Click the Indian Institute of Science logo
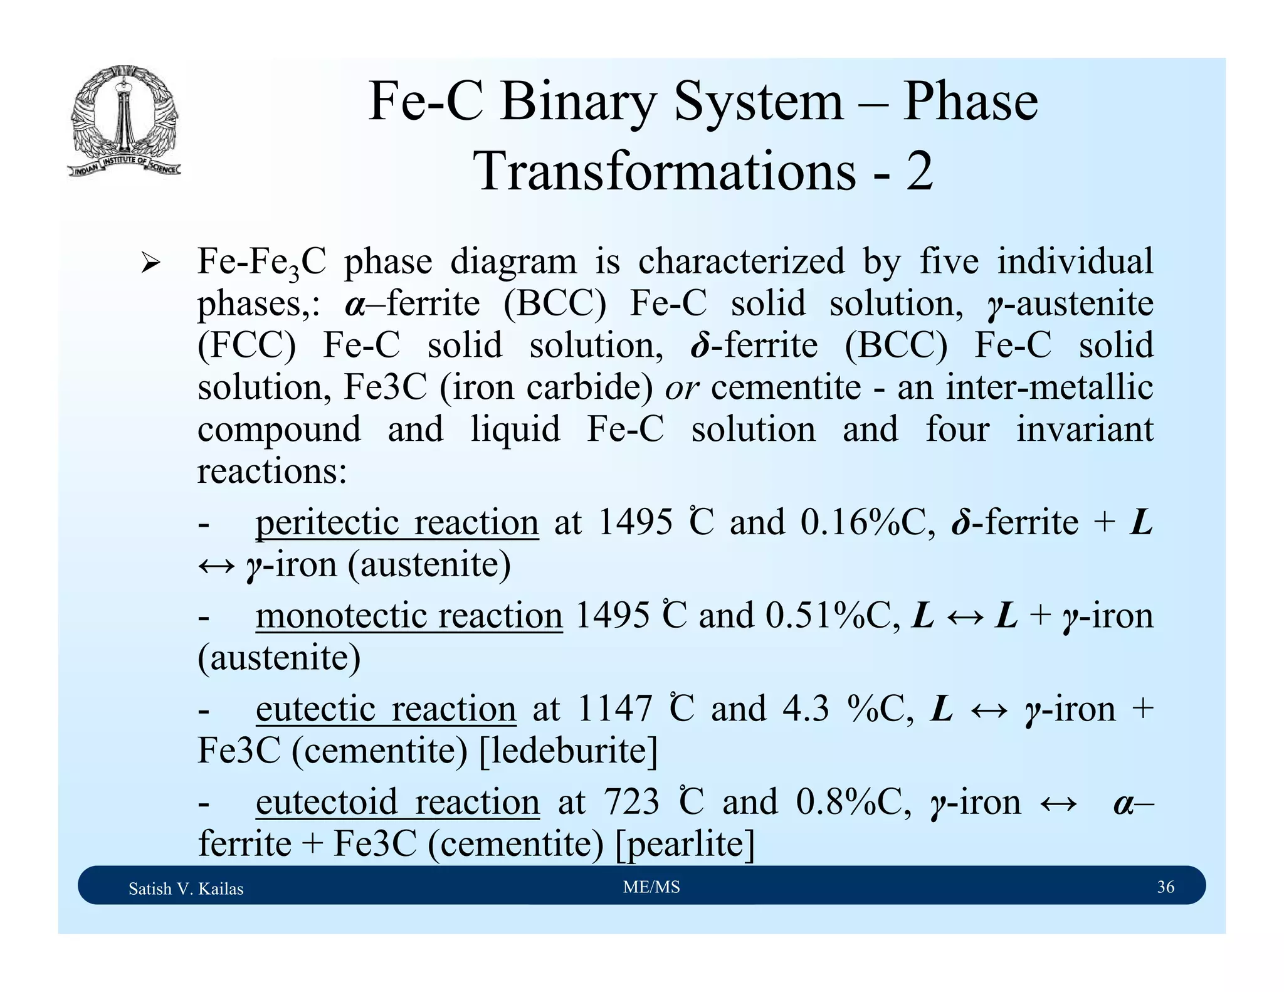[124, 120]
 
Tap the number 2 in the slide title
[919, 171]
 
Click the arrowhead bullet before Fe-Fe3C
[150, 262]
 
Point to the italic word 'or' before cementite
[681, 388]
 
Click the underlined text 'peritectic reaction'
[397, 522]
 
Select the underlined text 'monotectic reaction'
[409, 615]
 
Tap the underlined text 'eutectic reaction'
[386, 709]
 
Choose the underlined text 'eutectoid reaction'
[397, 802]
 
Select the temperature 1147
[614, 709]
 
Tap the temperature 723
[631, 802]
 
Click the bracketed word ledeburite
[568, 751]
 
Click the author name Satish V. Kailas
[186, 889]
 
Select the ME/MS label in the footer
[651, 887]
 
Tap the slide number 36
[1166, 887]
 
